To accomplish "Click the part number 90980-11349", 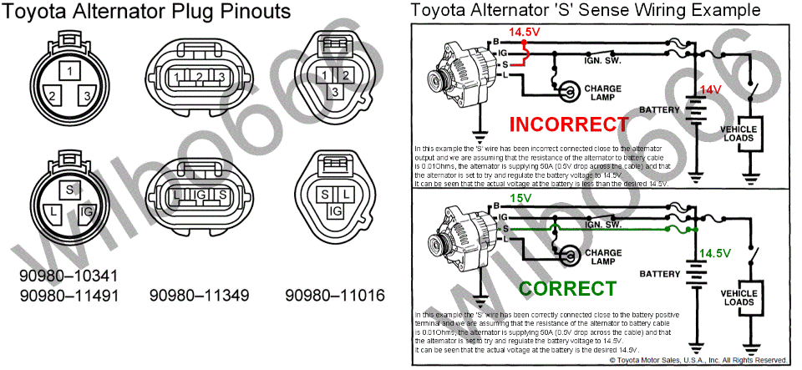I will click(x=196, y=295).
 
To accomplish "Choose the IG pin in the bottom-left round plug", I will click(x=87, y=215).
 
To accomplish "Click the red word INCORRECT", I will click(x=568, y=124).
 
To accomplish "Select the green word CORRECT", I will click(x=568, y=289).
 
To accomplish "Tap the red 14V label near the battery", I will click(x=710, y=89).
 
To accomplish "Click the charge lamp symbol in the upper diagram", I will click(x=567, y=90).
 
